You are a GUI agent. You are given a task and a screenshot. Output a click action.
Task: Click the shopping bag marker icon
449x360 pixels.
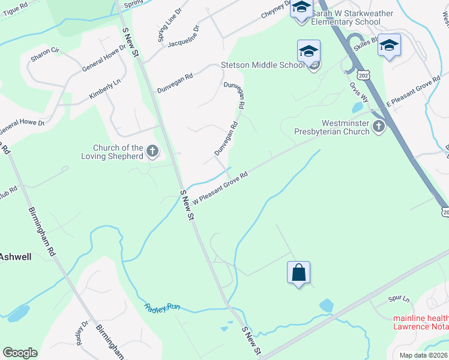point(298,273)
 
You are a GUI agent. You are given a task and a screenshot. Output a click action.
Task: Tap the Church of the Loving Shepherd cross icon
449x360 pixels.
point(152,151)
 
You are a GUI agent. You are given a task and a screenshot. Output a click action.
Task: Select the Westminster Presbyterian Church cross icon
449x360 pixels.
point(378,126)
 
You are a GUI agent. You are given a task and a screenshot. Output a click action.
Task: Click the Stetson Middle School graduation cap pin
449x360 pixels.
point(309,51)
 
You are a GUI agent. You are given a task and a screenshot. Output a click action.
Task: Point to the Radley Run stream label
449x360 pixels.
point(162,307)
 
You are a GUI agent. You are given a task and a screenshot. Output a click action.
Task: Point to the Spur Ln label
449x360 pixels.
point(399,299)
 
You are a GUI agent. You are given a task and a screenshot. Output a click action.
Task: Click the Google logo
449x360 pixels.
point(20,353)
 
